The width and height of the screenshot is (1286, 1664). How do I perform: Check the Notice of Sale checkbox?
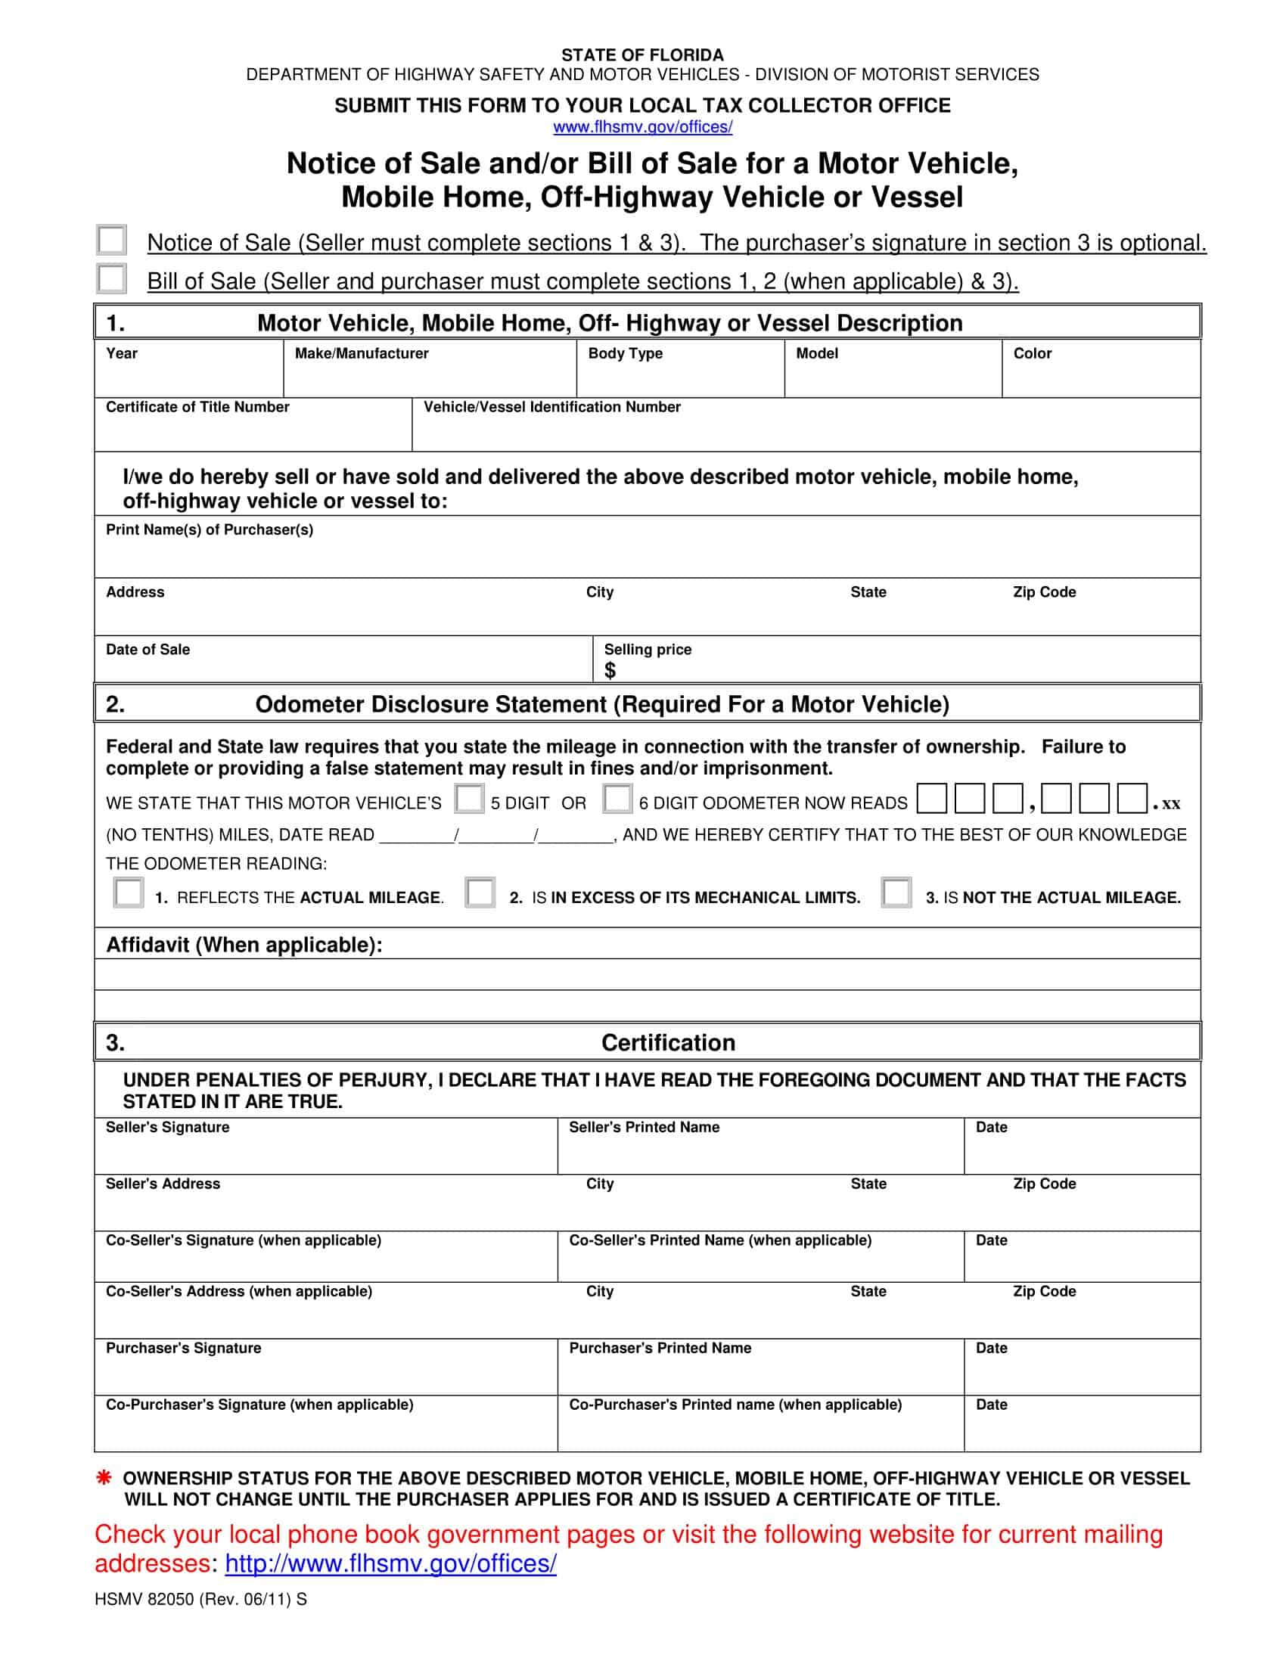[x=112, y=240]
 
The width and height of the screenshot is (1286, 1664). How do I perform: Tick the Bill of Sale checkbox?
[x=112, y=278]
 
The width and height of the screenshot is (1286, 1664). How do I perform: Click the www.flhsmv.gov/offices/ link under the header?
[x=642, y=127]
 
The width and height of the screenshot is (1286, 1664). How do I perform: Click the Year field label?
[x=122, y=353]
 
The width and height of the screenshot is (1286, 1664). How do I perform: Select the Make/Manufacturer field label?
[x=361, y=353]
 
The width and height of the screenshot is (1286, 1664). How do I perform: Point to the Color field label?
[x=1032, y=353]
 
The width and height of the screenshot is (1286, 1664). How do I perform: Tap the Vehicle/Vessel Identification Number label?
[x=551, y=407]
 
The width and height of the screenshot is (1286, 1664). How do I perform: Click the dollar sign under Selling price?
[x=610, y=670]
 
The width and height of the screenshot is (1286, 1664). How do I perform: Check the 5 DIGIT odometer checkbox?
[x=468, y=799]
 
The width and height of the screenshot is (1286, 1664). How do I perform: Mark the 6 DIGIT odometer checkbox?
[x=617, y=799]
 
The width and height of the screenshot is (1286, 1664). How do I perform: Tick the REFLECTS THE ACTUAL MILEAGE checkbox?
[x=128, y=893]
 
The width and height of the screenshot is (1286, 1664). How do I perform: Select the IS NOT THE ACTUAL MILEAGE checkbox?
[x=896, y=893]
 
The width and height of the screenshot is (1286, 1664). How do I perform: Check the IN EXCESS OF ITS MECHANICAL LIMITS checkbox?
[x=480, y=893]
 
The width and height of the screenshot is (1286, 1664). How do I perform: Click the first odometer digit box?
[x=932, y=799]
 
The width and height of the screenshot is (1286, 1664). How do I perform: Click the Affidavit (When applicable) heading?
[x=244, y=945]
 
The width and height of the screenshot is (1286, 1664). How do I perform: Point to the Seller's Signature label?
[x=168, y=1127]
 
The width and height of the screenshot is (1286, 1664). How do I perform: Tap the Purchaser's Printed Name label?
[x=660, y=1348]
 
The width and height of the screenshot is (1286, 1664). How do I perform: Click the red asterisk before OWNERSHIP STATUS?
[x=104, y=1478]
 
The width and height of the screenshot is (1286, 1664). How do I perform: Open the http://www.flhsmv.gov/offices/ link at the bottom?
[x=390, y=1563]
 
